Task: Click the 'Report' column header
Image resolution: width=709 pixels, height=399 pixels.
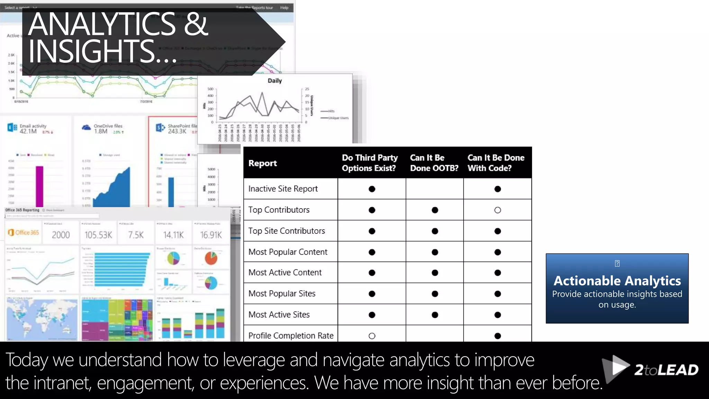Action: point(262,163)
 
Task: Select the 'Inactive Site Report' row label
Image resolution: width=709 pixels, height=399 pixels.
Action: point(283,189)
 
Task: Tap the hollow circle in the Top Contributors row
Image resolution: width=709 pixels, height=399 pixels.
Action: point(497,210)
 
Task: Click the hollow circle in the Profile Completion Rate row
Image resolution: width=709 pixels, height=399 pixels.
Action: point(372,336)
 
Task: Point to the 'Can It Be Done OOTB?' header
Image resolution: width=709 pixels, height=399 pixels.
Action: point(434,163)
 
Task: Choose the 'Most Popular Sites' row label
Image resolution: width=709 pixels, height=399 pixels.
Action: point(282,294)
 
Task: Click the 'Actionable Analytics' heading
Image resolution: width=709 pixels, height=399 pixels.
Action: point(617,281)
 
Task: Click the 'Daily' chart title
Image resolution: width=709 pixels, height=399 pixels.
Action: point(275,81)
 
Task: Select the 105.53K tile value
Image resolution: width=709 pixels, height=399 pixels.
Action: point(98,235)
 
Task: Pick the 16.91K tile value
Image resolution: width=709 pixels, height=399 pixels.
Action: point(211,235)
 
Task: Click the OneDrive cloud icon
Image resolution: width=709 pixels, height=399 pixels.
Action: point(86,128)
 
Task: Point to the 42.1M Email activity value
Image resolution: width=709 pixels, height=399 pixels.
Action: point(28,132)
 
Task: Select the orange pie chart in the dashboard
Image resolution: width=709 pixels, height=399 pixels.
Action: point(210,258)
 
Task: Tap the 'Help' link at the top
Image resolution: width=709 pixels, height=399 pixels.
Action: point(284,8)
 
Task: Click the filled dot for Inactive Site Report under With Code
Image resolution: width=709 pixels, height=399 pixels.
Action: point(497,189)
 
